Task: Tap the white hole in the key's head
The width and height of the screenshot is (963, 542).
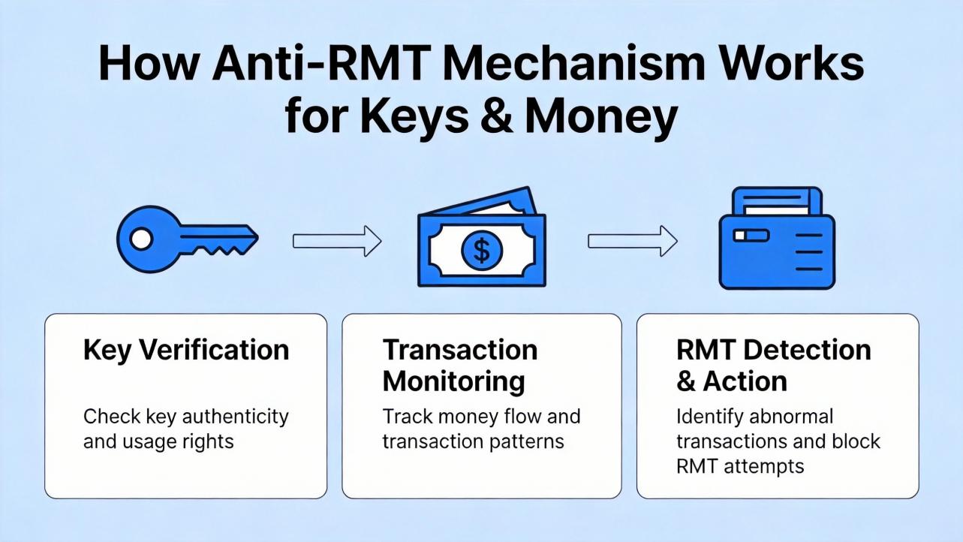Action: (x=140, y=239)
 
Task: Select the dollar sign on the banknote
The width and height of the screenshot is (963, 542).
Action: (x=482, y=250)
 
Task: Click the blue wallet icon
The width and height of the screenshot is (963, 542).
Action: (x=776, y=238)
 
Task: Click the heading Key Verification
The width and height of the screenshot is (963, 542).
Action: (x=185, y=350)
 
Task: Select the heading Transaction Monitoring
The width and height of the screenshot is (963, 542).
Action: (x=460, y=366)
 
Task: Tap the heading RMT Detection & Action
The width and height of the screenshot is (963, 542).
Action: (x=773, y=366)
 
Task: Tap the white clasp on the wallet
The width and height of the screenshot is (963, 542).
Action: (x=751, y=236)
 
